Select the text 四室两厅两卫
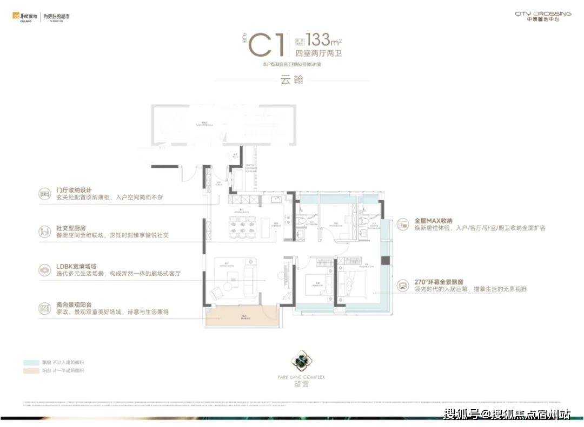(x=319, y=53)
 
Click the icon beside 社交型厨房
(x=45, y=232)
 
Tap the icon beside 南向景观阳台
(x=45, y=309)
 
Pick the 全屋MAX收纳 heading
(x=433, y=221)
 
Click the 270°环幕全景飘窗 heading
(x=441, y=282)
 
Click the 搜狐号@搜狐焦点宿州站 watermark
(x=506, y=414)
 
